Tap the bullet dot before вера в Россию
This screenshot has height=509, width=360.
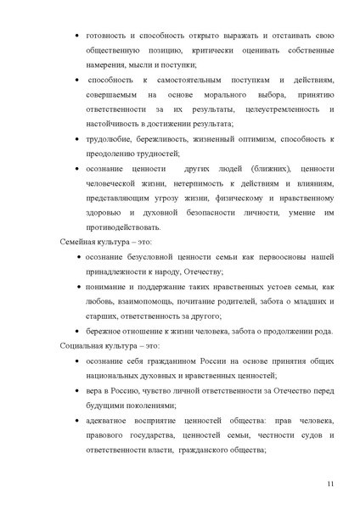tap(77, 390)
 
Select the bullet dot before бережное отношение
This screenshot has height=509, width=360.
tap(77, 331)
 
